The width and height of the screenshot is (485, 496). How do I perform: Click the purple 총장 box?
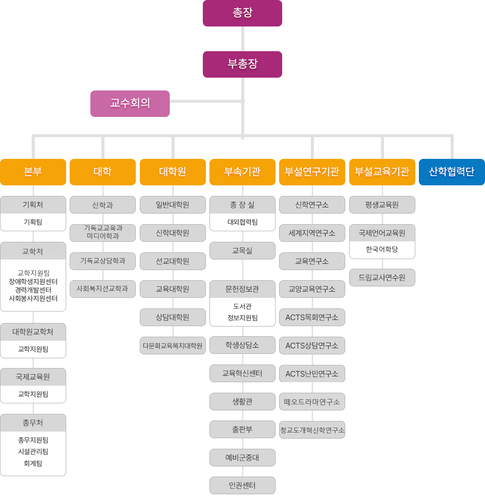point(242,13)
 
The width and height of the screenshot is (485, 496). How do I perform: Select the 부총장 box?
point(242,64)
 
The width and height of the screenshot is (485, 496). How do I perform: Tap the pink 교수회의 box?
point(130,103)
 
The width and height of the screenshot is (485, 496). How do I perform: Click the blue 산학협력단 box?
point(452,172)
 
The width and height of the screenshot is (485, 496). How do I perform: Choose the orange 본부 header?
point(33,172)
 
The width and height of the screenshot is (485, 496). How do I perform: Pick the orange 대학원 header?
point(172,172)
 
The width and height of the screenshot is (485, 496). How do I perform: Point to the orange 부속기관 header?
point(242,172)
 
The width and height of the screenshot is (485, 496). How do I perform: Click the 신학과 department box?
point(103,205)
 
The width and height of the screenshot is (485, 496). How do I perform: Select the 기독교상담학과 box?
point(103,261)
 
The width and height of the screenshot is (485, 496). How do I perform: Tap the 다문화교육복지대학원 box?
point(172,346)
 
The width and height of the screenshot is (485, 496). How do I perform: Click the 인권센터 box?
point(242,485)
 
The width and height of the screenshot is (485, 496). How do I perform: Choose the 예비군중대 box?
point(242,458)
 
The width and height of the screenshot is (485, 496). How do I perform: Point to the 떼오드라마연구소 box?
point(312,402)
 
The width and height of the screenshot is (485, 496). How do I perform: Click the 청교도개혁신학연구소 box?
point(312,430)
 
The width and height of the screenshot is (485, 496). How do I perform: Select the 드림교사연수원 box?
point(382,278)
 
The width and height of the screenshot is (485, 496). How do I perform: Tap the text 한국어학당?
point(382,249)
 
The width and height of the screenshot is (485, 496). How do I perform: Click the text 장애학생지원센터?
point(33,282)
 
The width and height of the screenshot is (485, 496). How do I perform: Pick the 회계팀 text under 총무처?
point(33,463)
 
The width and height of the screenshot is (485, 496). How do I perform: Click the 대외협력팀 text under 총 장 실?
point(242,222)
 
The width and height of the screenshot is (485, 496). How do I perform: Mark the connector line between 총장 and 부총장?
point(242,39)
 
